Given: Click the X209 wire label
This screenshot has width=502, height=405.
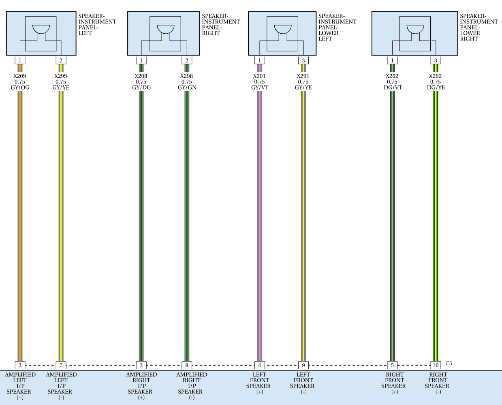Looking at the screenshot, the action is tap(19, 76).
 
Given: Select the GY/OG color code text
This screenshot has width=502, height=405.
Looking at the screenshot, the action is tap(20, 87).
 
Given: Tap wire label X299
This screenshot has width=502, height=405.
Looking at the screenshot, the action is tap(61, 76).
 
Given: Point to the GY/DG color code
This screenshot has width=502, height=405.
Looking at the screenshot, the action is tap(141, 87).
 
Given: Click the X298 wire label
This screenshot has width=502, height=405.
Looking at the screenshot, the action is tap(187, 76).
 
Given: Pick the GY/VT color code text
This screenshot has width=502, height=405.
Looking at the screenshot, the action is tap(260, 87).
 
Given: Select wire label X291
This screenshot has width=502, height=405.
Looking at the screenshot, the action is tap(303, 76).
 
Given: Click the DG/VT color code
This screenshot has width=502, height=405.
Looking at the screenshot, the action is tap(393, 87).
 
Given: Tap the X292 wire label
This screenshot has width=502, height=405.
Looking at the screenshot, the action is tap(435, 76).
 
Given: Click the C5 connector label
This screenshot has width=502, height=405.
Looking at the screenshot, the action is tap(449, 364).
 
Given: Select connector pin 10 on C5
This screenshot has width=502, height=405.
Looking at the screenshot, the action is tap(436, 365).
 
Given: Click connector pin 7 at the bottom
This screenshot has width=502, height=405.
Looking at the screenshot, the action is tap(61, 365).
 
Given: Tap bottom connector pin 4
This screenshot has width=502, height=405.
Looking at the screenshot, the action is tap(259, 365).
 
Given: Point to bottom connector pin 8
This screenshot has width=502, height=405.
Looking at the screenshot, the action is tap(187, 365).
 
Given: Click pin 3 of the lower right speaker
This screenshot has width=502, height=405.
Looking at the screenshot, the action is tap(436, 60).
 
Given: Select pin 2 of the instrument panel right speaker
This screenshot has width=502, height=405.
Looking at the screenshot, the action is tap(187, 60).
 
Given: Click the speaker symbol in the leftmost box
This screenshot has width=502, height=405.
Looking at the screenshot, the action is tap(41, 30).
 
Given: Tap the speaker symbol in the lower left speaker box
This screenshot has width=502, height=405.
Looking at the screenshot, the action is tap(283, 30).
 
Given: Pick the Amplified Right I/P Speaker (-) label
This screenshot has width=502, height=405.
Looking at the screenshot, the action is tap(192, 386).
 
